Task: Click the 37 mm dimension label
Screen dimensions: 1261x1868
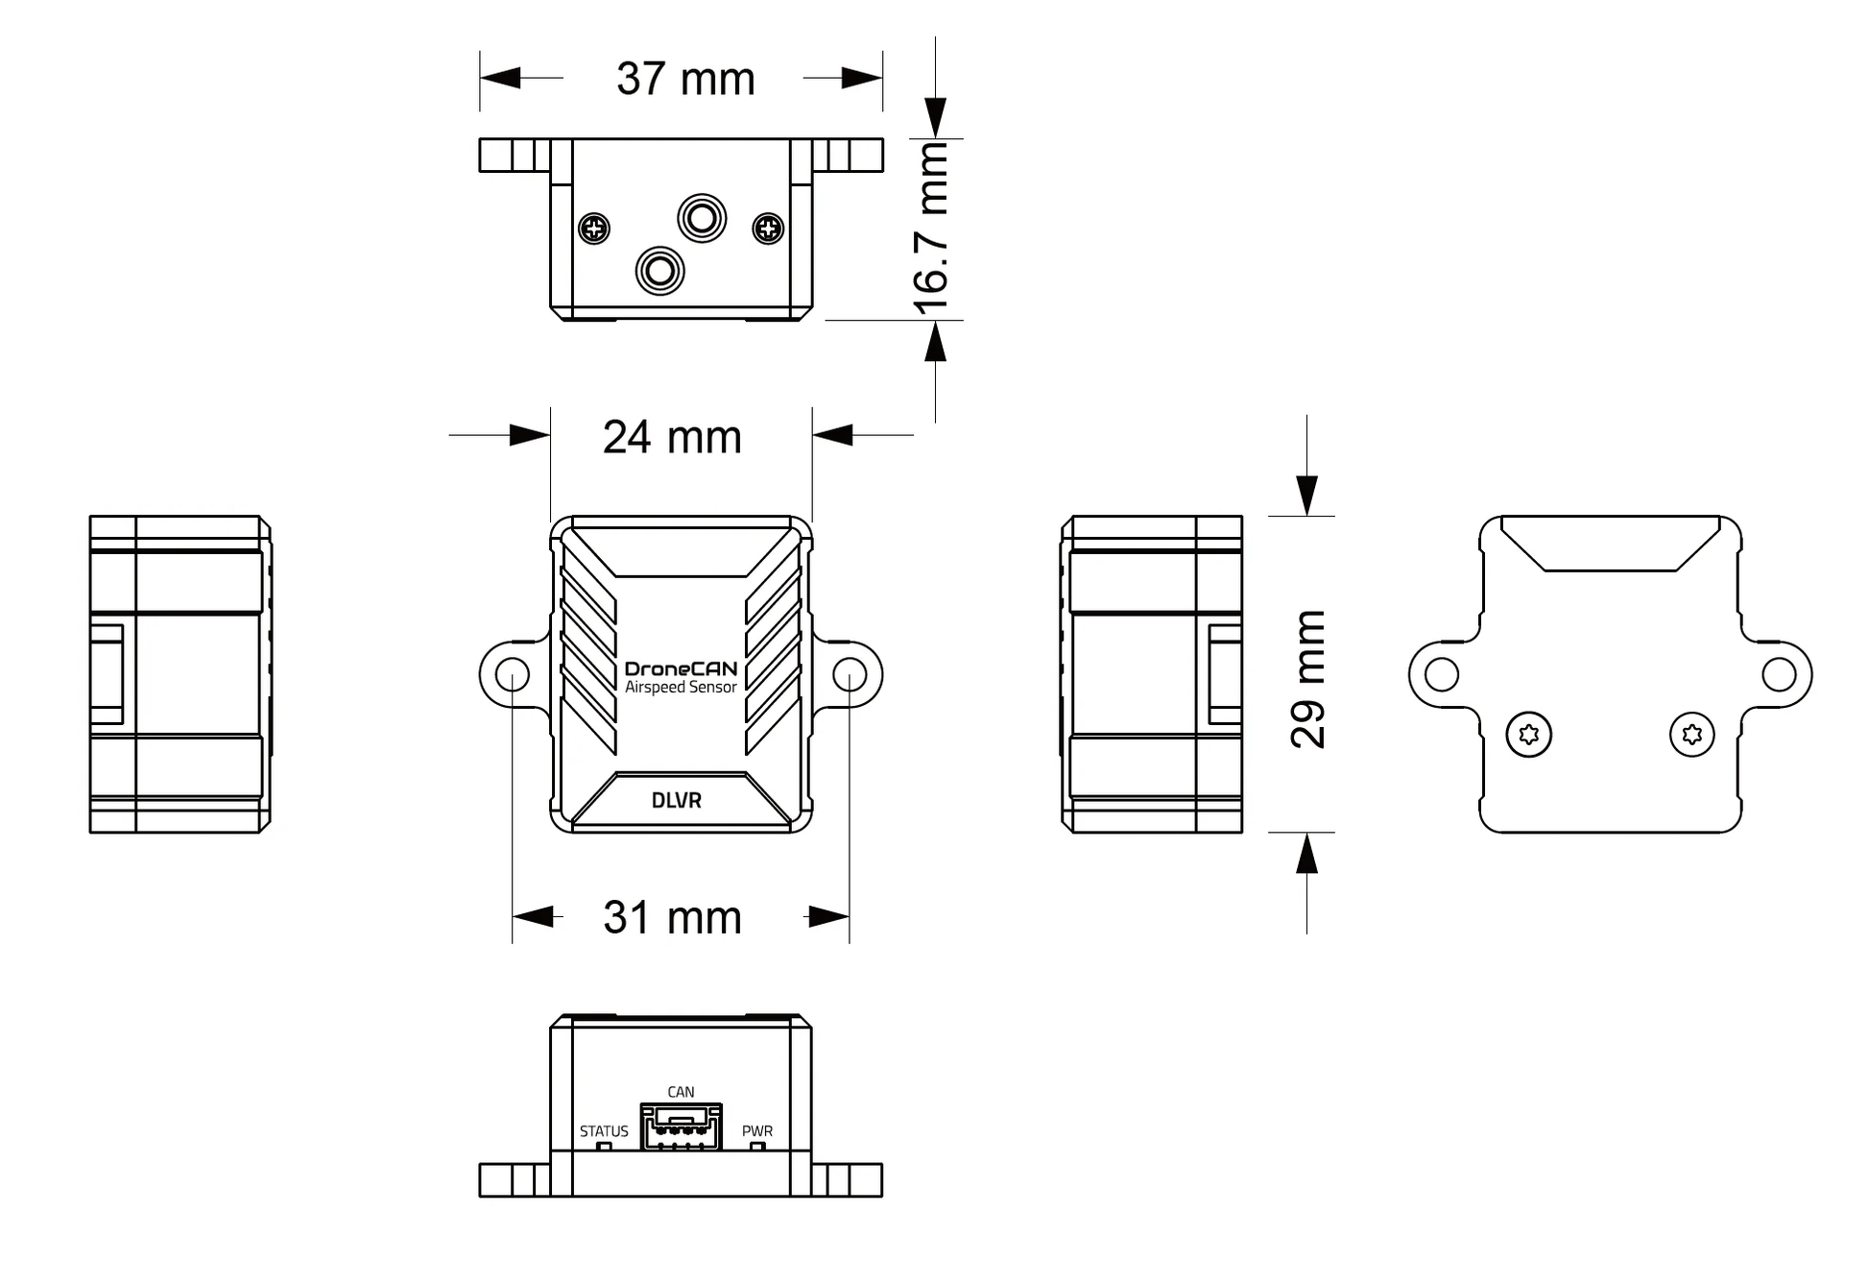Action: click(684, 79)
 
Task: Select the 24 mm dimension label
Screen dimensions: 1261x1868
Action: click(672, 437)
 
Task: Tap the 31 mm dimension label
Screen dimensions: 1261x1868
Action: click(672, 917)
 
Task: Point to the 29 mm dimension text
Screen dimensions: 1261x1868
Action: click(1307, 679)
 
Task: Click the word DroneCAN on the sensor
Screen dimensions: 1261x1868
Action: click(681, 669)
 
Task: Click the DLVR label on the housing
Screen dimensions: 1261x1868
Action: click(677, 800)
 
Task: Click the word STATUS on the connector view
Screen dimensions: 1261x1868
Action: click(604, 1131)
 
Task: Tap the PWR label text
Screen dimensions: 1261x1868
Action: click(757, 1131)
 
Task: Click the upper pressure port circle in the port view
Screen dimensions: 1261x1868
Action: click(702, 218)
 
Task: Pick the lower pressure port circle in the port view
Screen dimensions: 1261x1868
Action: click(659, 270)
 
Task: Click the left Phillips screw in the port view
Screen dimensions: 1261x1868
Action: click(595, 229)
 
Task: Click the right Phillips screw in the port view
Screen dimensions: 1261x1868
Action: click(768, 229)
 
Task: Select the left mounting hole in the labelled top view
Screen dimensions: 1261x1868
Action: click(513, 674)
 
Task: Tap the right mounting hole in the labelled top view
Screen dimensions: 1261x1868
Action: click(850, 674)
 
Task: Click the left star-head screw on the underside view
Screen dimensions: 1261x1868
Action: click(1529, 735)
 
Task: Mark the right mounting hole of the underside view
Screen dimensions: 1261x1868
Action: click(1779, 674)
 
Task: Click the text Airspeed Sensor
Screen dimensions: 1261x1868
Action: click(681, 688)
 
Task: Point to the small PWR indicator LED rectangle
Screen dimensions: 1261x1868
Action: click(757, 1146)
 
